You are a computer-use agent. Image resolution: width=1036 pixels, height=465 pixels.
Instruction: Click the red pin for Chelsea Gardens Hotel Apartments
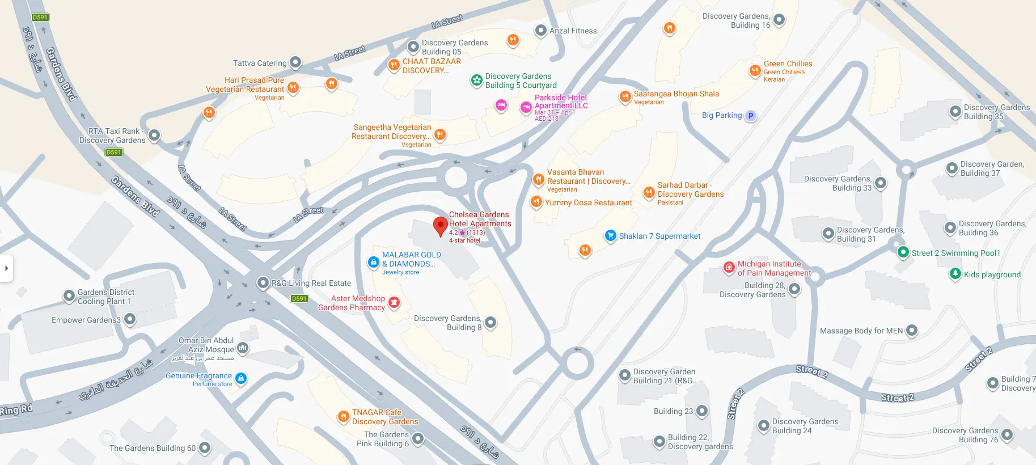440,225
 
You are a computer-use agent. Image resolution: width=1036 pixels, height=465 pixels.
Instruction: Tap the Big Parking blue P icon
751,116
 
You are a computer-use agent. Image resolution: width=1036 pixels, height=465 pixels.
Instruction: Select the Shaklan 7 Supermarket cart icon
610,235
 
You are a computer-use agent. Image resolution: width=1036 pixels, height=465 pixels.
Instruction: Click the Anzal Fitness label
573,31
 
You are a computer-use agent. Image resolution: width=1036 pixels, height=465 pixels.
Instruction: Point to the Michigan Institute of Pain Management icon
729,268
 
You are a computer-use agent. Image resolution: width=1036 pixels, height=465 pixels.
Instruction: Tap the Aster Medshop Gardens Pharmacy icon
394,303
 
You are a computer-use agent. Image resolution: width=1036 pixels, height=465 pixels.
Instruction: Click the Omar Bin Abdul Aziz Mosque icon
243,347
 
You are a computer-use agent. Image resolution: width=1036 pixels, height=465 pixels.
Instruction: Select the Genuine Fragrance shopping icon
241,378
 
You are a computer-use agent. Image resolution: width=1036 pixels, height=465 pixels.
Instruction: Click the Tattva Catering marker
295,62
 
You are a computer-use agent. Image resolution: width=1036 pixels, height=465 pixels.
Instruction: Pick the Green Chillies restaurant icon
755,70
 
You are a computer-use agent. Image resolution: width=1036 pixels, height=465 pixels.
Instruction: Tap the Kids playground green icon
955,274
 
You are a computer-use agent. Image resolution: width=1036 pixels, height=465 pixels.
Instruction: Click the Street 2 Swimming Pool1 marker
903,252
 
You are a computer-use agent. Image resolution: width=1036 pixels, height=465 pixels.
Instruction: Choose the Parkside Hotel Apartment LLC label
561,102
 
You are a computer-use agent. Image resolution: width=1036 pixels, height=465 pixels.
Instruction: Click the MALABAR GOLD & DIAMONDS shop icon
373,262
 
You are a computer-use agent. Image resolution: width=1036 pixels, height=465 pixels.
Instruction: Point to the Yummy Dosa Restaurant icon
536,201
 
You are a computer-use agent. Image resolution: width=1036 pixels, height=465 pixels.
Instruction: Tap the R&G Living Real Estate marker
263,282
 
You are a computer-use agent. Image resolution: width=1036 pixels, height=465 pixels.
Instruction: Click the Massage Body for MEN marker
912,330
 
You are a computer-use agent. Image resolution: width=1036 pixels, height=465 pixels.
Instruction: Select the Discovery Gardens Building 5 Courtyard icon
477,81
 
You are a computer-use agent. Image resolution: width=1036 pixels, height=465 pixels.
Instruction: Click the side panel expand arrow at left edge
6,268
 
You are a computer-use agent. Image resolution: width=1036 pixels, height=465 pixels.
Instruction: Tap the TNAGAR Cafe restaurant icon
343,417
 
